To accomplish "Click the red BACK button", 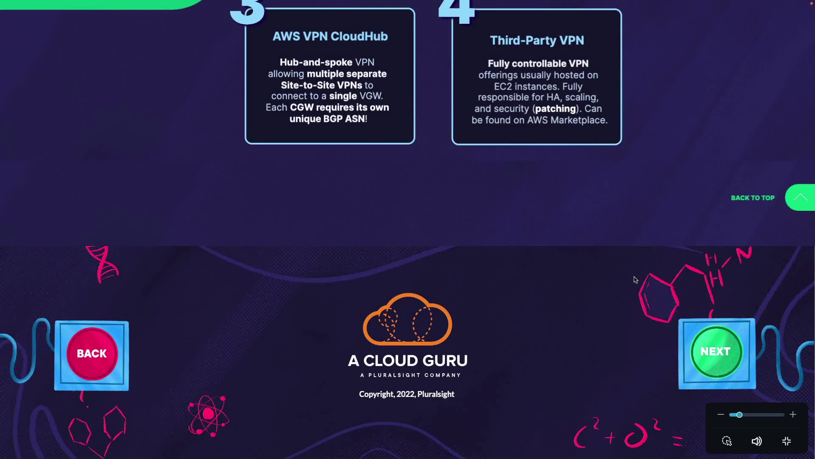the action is coord(92,354).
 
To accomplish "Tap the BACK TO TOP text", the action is coord(753,198).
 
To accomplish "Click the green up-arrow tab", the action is coord(800,197).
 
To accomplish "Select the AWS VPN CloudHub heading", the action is coord(330,37).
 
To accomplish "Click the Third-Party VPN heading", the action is coord(537,40).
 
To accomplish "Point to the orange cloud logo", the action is coord(407,319).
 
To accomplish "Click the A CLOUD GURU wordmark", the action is coord(407,361).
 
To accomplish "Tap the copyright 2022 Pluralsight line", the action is coord(407,394).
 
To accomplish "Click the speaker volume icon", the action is coord(756,441).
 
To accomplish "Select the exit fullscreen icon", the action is coord(787,441).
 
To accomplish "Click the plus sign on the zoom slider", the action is coord(793,414).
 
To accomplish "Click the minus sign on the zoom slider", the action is coord(721,414).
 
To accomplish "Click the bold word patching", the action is coord(555,109).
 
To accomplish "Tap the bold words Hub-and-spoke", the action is coord(316,62).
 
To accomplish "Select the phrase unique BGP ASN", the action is coord(327,119).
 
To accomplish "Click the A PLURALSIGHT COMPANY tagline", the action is coord(410,375).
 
